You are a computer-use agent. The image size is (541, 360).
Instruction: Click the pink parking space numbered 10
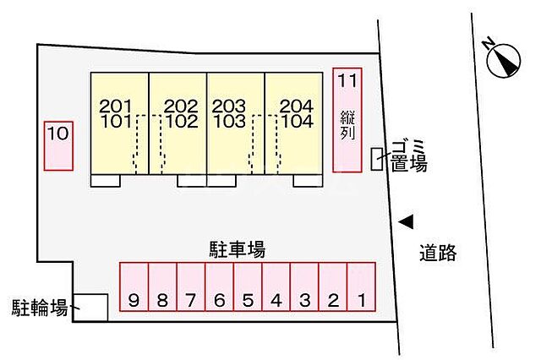[x=58, y=145]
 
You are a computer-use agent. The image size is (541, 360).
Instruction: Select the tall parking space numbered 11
[x=347, y=119]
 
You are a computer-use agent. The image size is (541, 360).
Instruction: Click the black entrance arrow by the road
[x=407, y=221]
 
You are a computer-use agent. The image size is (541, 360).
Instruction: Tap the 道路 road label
[x=437, y=252]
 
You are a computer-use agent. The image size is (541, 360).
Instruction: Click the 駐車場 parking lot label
[x=238, y=249]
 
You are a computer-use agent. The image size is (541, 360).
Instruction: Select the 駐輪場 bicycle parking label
[x=39, y=307]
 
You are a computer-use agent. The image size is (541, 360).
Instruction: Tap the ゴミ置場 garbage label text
[x=408, y=156]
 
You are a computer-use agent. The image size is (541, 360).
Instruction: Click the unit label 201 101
[x=116, y=113]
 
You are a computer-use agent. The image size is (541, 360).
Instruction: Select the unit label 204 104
[x=296, y=113]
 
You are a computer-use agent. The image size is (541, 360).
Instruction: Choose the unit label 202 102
[x=180, y=113]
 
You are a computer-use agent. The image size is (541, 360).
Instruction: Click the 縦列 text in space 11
[x=347, y=125]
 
